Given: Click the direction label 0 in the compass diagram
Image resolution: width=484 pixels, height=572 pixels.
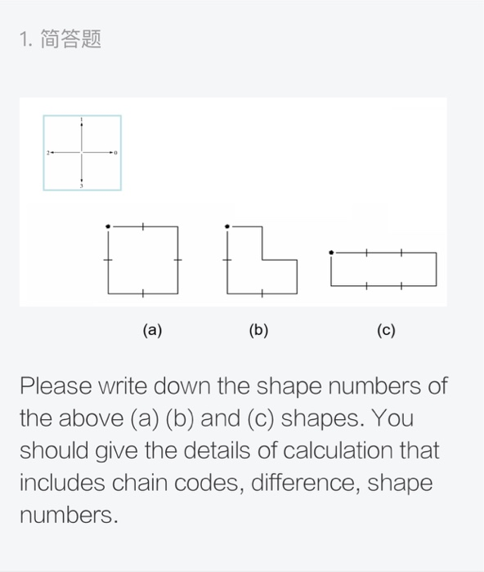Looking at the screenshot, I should (x=117, y=153).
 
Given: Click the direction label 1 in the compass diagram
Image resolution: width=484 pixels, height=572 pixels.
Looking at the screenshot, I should (x=82, y=120).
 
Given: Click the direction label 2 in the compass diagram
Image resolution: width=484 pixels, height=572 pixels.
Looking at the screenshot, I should (x=47, y=153).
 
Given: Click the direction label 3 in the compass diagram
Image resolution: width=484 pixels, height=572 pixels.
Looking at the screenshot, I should (x=82, y=186).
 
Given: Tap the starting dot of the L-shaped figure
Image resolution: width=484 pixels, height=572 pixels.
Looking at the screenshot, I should (x=227, y=226).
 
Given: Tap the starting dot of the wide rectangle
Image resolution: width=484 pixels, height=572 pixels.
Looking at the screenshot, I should (x=330, y=252).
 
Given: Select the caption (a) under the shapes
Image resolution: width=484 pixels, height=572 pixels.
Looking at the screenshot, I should (x=152, y=330).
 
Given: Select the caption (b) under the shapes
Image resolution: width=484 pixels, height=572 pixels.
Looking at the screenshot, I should (x=258, y=330).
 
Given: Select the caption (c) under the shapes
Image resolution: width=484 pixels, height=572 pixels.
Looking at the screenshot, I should (x=386, y=330).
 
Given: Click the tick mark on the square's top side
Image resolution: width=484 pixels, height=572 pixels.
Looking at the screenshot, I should (x=143, y=226).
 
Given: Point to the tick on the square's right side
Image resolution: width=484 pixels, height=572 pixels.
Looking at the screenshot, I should (x=178, y=259).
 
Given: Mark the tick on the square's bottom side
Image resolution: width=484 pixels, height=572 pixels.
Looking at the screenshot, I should (x=143, y=293).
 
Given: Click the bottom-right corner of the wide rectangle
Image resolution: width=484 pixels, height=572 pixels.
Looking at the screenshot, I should (x=437, y=286).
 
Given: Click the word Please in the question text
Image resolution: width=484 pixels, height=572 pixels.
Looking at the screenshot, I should (x=56, y=386).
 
